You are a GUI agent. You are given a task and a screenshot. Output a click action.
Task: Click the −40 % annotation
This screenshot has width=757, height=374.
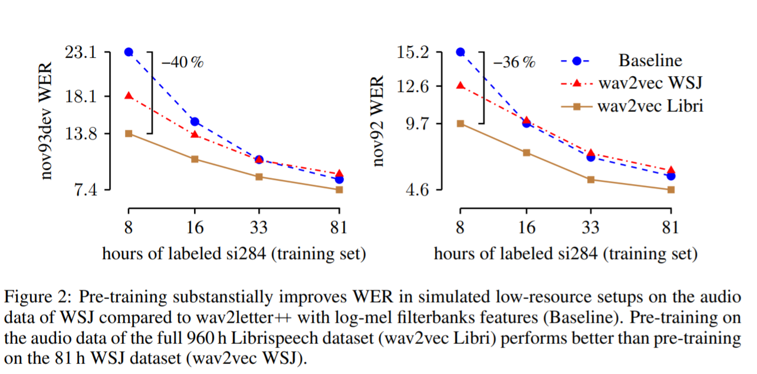(x=182, y=62)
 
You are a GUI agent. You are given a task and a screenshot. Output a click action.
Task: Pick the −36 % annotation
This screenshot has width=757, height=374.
(x=514, y=62)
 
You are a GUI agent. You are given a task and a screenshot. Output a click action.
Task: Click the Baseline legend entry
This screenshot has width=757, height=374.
(x=650, y=61)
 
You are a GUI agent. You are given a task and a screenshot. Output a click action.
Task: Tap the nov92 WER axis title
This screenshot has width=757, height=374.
(x=379, y=121)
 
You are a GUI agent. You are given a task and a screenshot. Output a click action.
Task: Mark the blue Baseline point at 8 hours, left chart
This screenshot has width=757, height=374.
(x=129, y=52)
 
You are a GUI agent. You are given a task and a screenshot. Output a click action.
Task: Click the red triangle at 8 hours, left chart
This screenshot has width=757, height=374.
(x=129, y=96)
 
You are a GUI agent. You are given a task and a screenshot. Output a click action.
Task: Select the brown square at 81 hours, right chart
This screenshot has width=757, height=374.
(x=670, y=189)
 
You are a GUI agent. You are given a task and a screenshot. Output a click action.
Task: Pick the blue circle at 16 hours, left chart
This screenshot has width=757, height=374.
(x=195, y=122)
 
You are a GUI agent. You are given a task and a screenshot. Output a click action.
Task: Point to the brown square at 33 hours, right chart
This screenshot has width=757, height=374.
(x=591, y=179)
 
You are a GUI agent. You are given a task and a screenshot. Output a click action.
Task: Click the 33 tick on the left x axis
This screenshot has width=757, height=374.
(x=259, y=228)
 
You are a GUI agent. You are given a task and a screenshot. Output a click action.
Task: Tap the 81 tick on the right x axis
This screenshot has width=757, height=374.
(x=670, y=228)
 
